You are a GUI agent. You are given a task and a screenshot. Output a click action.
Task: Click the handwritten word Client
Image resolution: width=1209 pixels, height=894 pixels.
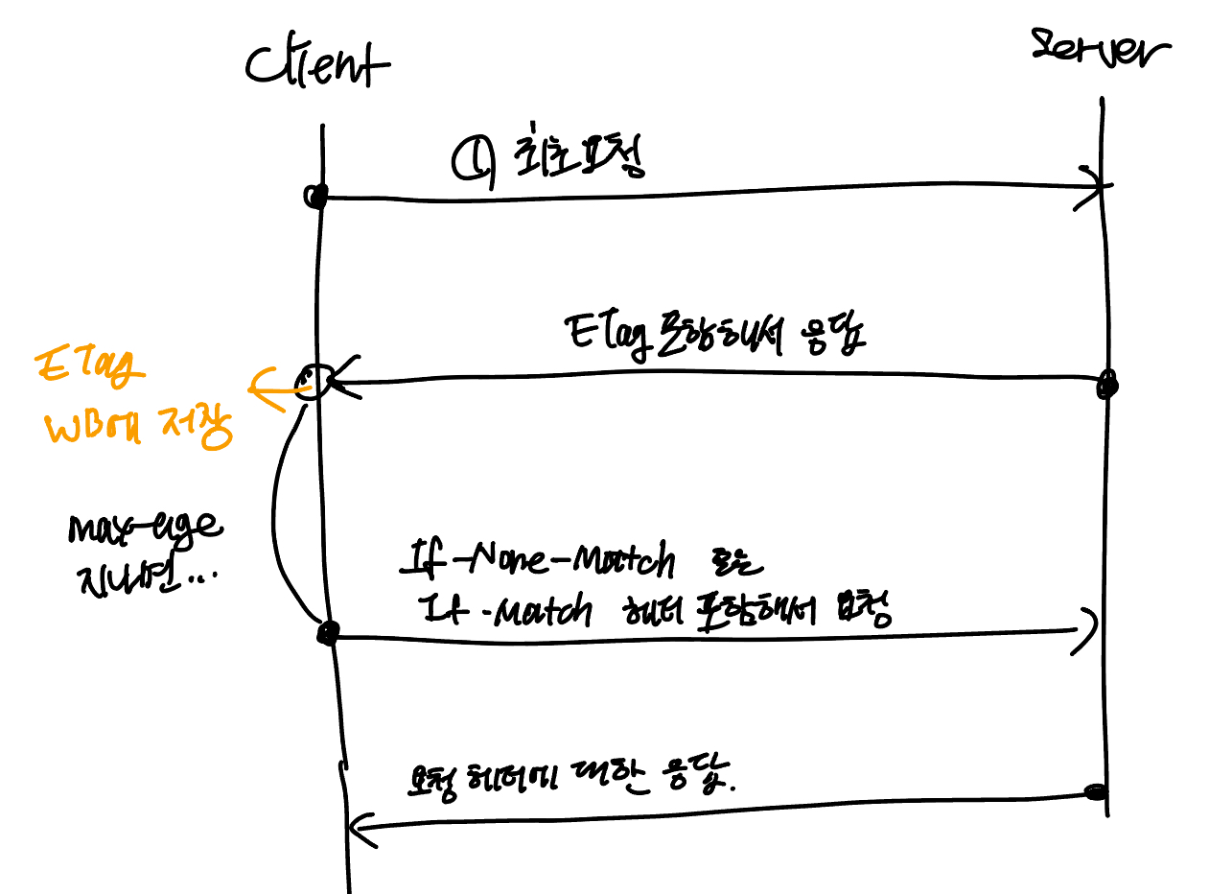[x=316, y=65]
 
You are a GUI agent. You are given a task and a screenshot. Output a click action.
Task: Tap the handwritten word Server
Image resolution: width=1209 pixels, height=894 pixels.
[x=1101, y=49]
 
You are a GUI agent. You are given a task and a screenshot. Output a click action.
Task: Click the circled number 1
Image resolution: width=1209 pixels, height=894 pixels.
[x=471, y=159]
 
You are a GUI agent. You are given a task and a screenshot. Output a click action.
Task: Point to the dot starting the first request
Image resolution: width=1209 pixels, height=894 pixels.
[x=315, y=198]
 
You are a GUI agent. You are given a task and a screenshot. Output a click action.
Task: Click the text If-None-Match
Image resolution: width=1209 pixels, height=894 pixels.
[x=538, y=562]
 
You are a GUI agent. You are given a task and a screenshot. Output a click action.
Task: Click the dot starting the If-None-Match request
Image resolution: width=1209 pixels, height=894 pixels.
[x=328, y=632]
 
